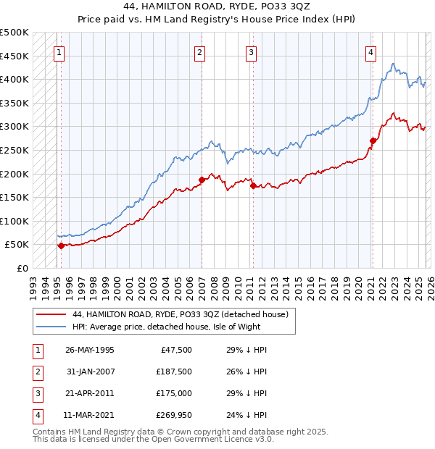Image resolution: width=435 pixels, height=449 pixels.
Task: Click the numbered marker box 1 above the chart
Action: click(59, 52)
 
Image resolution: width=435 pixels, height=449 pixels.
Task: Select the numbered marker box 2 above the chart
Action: click(199, 52)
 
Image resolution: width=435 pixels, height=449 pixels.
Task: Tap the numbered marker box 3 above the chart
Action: click(250, 52)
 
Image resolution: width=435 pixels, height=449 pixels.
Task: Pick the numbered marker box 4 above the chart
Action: click(370, 52)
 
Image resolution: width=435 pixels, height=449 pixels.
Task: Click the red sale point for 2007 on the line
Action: click(202, 180)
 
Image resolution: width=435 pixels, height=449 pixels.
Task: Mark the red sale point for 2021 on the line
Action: click(373, 140)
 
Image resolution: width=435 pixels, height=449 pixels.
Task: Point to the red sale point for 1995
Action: click(61, 246)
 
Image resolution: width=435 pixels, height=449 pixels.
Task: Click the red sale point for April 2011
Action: click(253, 185)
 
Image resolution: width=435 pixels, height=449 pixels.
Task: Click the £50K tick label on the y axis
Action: click(17, 245)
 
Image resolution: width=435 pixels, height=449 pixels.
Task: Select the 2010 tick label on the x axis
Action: click(239, 283)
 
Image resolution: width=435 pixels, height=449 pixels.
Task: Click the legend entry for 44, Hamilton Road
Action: click(181, 314)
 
